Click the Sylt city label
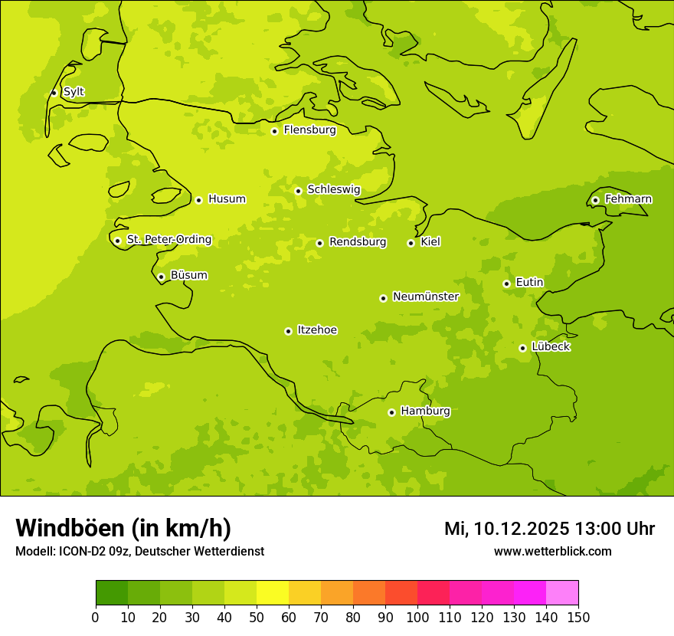pos(74,92)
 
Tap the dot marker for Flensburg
pos(274,131)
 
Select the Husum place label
pos(227,199)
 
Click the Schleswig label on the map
pos(333,189)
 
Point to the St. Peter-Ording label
pos(168,240)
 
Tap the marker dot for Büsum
pos(161,277)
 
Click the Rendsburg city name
pos(358,242)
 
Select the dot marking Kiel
pos(411,243)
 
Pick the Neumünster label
pos(426,297)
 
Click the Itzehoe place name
pos(317,330)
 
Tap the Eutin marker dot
pos(506,284)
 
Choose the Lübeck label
pos(551,346)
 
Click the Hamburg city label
pos(425,411)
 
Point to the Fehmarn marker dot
pos(595,200)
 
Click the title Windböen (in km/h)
pos(123,528)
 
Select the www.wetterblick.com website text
pos(552,551)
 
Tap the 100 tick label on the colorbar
pos(417,618)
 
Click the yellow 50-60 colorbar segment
pos(273,593)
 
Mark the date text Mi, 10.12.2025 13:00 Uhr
pos(549,529)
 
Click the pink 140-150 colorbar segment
pos(562,593)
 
